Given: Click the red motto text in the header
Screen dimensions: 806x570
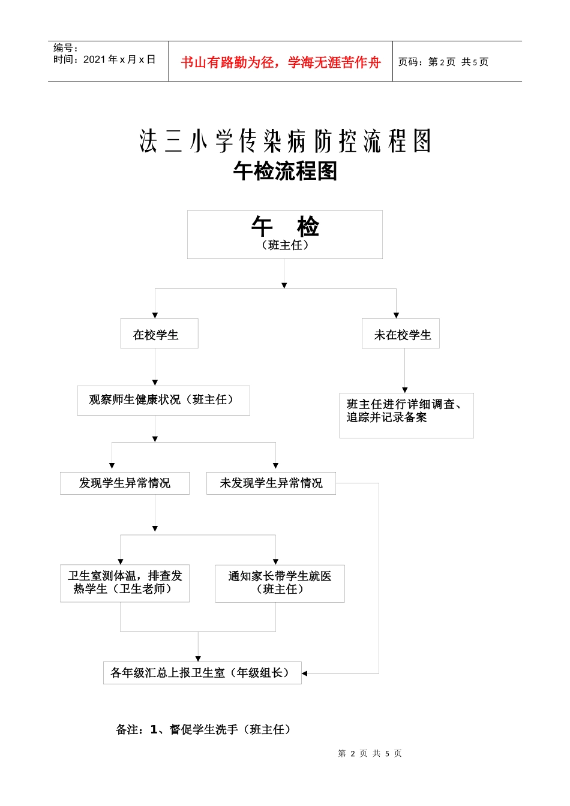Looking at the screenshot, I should pos(280,62).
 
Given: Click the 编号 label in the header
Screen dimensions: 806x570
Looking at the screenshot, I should pos(65,48).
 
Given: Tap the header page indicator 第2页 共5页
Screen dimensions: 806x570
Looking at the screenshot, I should pos(443,62).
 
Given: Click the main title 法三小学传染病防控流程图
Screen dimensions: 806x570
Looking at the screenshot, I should pos(285,142).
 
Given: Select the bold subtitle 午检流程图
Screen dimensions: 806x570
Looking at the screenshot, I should pos(285,172).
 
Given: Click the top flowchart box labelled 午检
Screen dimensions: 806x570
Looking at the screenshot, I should pos(285,234).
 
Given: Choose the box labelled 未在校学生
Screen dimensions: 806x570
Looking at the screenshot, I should pos(401,334).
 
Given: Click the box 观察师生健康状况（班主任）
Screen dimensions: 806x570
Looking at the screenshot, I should pos(163,400).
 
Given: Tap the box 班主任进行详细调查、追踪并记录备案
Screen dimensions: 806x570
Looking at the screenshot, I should pos(406,415).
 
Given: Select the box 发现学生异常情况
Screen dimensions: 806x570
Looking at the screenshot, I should pos(125,483).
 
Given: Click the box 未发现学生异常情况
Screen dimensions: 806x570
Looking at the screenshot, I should pos(271,483).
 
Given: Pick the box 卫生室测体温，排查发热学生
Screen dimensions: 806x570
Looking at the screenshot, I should pos(125,583).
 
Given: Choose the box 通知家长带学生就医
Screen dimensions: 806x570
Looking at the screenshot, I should pos(280,583).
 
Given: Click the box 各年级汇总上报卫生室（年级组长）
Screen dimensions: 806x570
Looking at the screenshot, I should pos(202,673).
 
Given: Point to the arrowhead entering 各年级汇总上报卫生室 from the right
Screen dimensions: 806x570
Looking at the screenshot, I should pos(305,673).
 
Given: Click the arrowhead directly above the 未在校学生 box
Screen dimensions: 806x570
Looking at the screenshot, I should pos(396,315).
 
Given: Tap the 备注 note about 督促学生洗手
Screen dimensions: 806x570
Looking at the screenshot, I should pos(204,729).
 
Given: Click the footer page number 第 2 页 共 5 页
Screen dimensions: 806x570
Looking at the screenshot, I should pos(370,753).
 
